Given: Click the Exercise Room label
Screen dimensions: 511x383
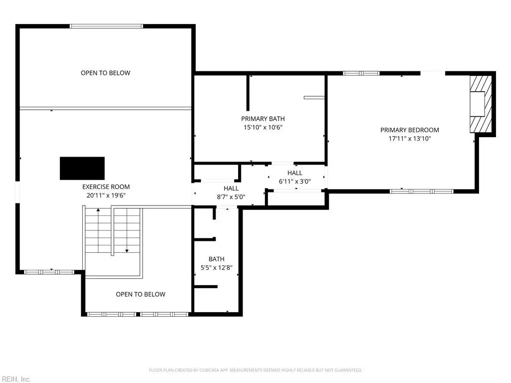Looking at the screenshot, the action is coord(106,187).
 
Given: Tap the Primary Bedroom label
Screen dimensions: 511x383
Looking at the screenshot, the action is coord(410,130).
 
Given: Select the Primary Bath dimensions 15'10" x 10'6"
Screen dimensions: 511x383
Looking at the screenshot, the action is coord(263,127).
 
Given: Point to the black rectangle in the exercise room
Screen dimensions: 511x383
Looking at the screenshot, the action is coord(82,169).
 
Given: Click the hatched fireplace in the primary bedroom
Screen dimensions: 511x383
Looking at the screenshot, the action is coord(481,104).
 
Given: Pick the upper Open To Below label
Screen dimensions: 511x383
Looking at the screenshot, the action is coord(106,73).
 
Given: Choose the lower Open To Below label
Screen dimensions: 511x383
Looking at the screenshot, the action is coord(140,294).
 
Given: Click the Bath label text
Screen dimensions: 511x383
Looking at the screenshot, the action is coord(217,259).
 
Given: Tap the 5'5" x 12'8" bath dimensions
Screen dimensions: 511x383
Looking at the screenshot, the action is coord(217,268).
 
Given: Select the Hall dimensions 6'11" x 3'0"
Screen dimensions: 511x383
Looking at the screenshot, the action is coord(294,182).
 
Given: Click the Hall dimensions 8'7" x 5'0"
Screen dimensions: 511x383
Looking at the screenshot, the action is coord(231,196).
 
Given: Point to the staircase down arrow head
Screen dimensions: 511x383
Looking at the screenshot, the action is coord(127,251).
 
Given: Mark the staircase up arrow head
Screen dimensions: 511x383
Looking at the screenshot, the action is coord(98,210).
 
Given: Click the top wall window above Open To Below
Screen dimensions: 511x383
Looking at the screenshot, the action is coord(106,26).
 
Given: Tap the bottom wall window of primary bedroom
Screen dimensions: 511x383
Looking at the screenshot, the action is coord(421,191).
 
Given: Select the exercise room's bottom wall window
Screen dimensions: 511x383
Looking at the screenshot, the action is coord(49,272).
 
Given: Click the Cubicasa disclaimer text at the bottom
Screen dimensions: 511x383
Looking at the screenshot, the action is coord(255,370).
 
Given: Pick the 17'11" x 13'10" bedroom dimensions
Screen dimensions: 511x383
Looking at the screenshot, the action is coord(410,139).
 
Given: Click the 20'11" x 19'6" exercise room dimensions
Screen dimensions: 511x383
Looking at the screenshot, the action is coord(106,195).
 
